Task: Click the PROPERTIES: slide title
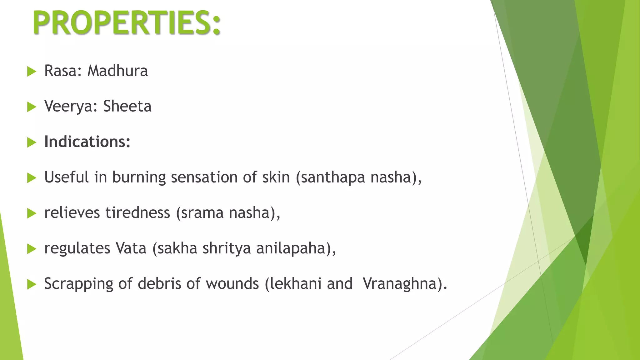127,23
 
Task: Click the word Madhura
117,71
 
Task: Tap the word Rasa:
63,71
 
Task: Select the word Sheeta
127,106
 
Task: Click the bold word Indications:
87,142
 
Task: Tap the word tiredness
138,213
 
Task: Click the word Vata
131,248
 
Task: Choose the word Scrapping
79,284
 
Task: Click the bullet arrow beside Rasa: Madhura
32,72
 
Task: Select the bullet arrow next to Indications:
32,142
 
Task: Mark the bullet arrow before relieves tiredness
32,213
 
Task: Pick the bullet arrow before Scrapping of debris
32,284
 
